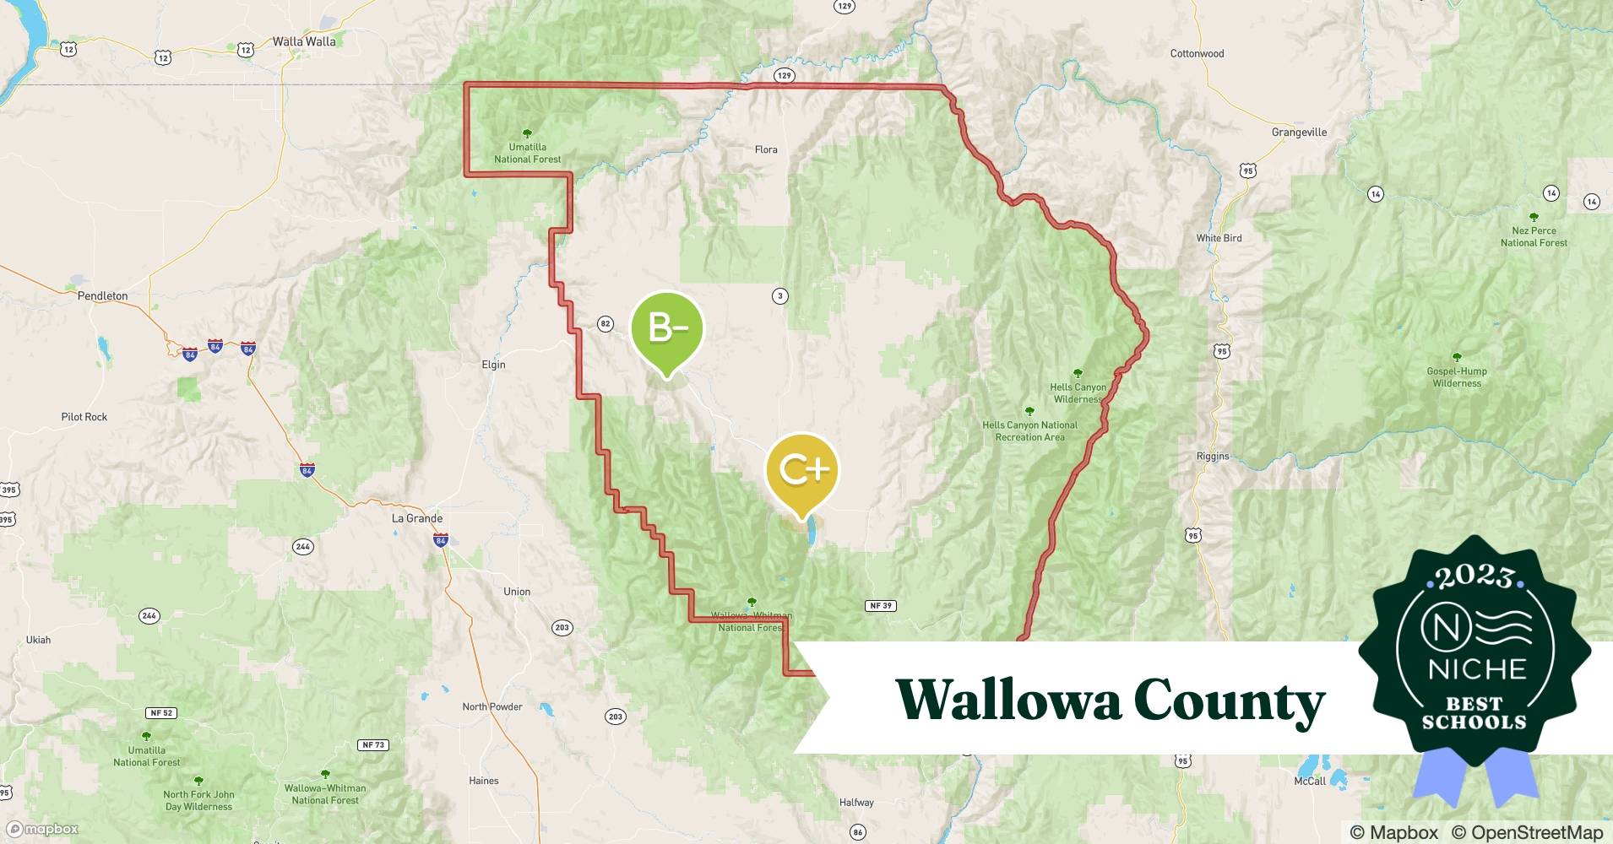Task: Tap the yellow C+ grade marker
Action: point(801,469)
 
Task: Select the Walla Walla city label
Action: point(304,41)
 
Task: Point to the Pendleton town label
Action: point(102,296)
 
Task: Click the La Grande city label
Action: point(417,518)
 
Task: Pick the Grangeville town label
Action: point(1299,133)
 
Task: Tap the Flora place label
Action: point(766,149)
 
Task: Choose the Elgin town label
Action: point(493,365)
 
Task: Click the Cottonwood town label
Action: point(1197,54)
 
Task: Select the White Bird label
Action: point(1219,238)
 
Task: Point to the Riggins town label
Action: point(1213,456)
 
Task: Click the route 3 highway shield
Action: point(780,296)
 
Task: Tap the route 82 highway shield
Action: point(605,323)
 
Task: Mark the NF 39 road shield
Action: point(880,606)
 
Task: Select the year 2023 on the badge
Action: point(1475,576)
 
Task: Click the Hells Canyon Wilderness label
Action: point(1078,392)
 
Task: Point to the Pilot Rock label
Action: point(84,417)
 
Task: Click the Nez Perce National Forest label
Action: point(1534,236)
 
